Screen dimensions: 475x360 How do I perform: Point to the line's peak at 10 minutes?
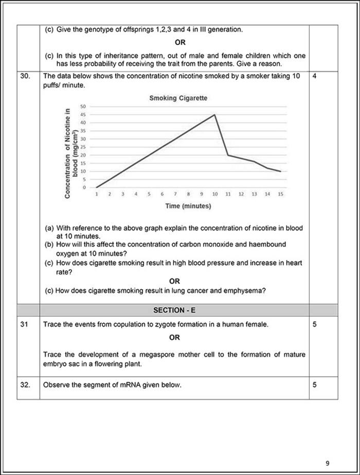(x=214, y=115)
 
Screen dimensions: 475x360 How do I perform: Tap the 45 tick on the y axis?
(x=83, y=115)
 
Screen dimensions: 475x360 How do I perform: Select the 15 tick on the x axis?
(x=280, y=195)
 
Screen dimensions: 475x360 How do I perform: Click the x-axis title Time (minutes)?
(x=188, y=206)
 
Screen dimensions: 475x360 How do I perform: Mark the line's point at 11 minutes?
(x=227, y=155)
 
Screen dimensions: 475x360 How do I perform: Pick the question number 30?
(x=25, y=76)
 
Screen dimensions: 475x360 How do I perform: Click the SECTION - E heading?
(x=174, y=310)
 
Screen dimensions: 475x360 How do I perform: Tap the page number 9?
(x=328, y=448)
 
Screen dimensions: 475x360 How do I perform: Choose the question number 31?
(x=24, y=325)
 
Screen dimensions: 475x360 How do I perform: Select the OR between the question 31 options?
(x=174, y=338)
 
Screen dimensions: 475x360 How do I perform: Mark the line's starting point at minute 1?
(x=96, y=187)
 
